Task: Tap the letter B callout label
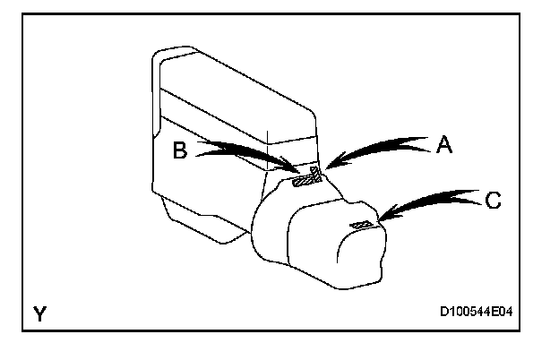click(x=179, y=151)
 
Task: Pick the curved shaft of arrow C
click(x=430, y=199)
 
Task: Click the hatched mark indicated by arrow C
click(x=362, y=224)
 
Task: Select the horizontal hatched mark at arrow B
click(x=305, y=182)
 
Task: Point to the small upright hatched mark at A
click(x=314, y=171)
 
